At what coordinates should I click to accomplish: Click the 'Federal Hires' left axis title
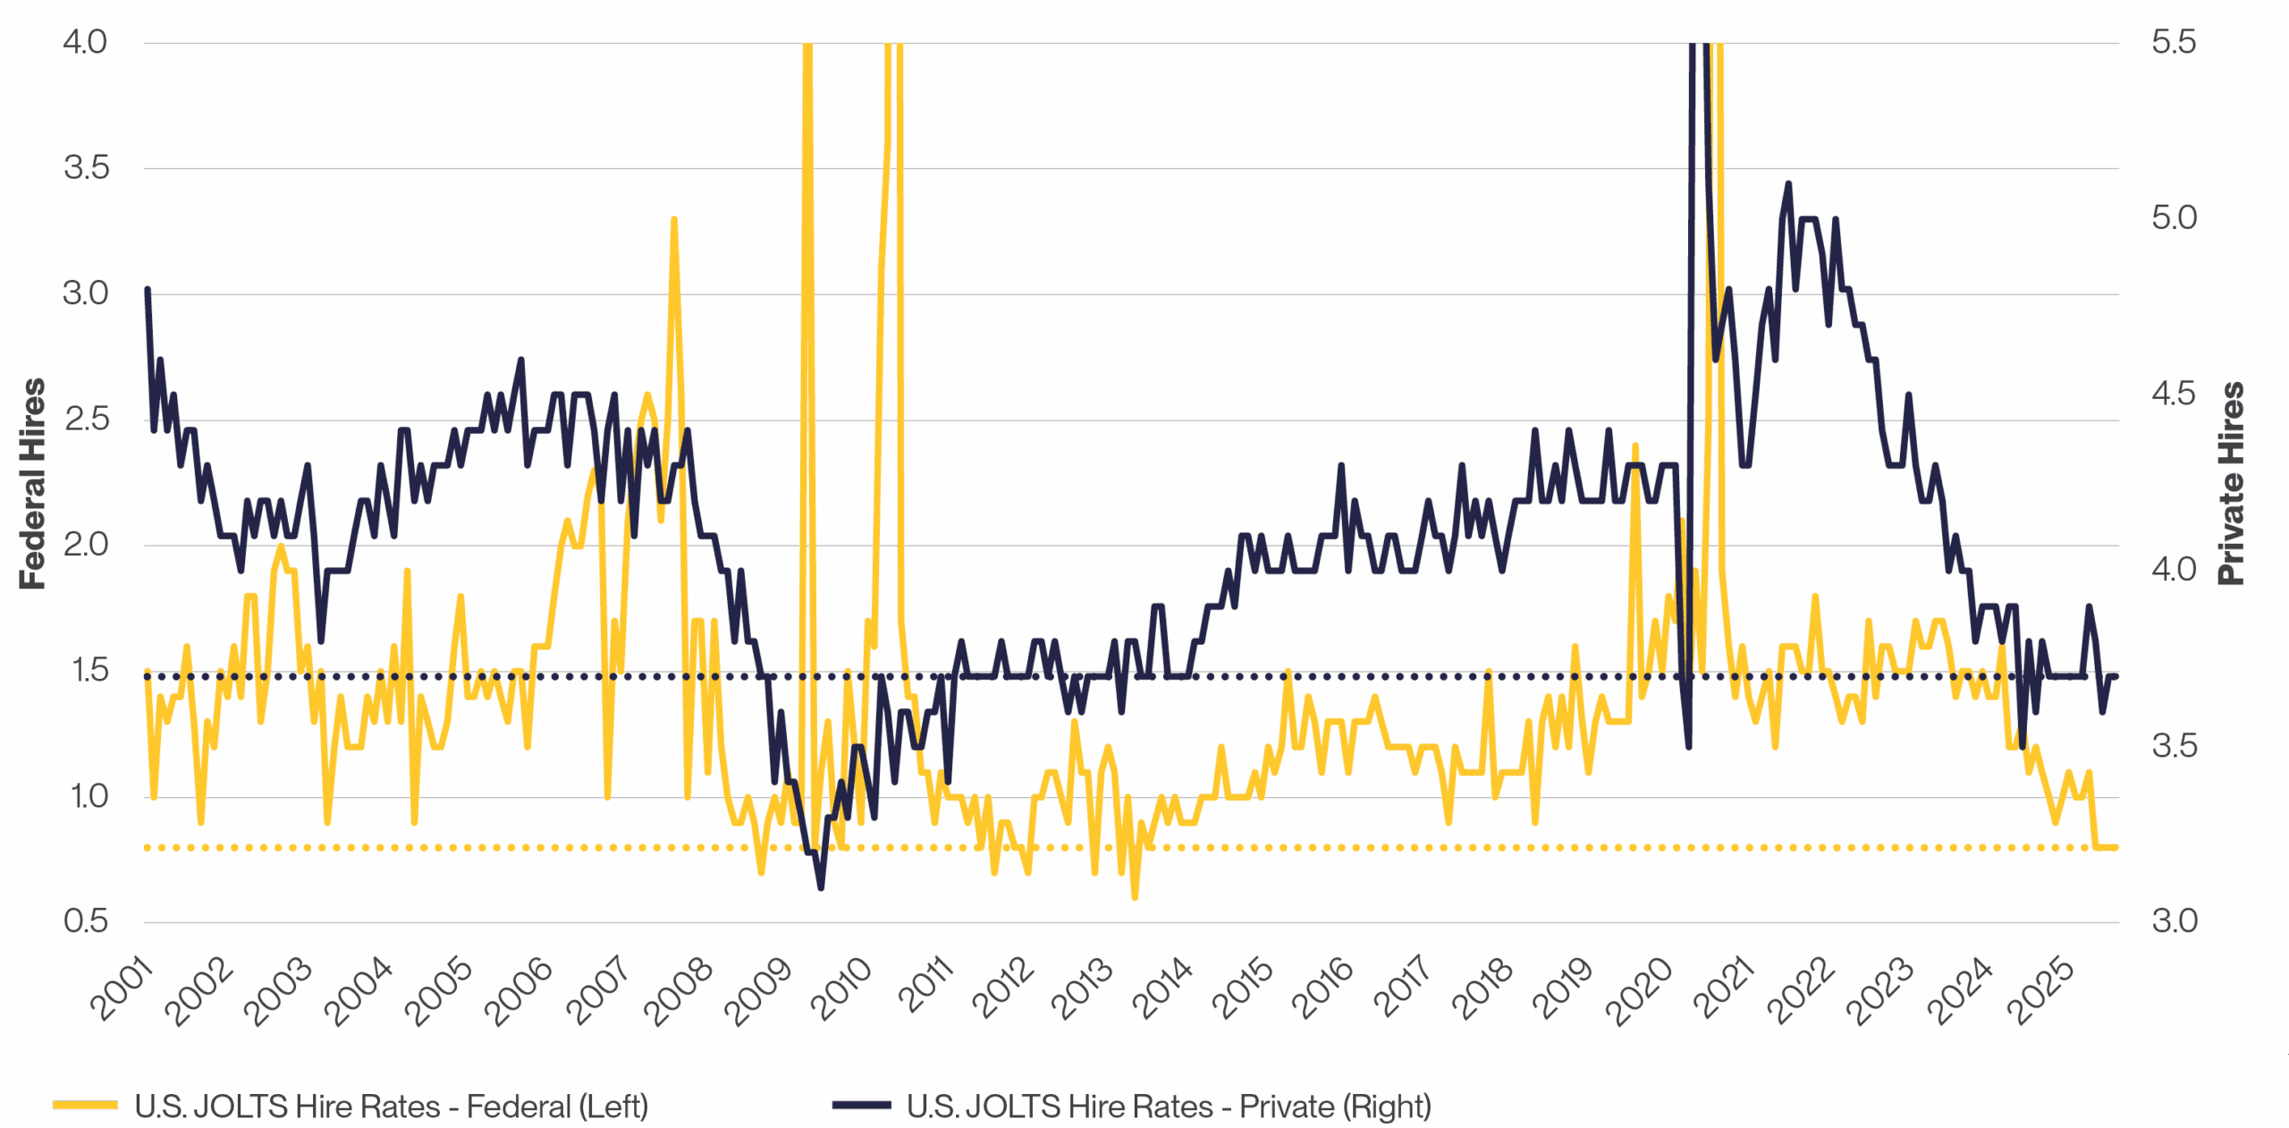(x=32, y=483)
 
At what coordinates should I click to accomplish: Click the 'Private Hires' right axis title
(x=2231, y=483)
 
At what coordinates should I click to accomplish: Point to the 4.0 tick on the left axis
(x=85, y=42)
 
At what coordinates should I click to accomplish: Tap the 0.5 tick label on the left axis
(x=85, y=921)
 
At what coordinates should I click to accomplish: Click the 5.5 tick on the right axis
(x=2174, y=42)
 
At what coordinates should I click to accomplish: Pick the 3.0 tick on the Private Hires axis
(x=2174, y=921)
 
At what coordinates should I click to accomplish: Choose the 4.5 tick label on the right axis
(x=2174, y=394)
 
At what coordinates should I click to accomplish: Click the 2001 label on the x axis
(x=122, y=988)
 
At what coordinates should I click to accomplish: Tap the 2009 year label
(x=758, y=989)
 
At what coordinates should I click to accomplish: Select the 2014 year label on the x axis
(x=1162, y=988)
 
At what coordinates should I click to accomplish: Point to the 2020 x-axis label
(x=1638, y=989)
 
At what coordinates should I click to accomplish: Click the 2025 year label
(x=2040, y=989)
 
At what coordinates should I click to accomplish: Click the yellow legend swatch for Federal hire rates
(x=85, y=1106)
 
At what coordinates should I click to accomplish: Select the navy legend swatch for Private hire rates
(x=860, y=1106)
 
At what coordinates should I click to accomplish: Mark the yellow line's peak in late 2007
(x=673, y=219)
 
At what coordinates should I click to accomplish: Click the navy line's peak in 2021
(x=1788, y=184)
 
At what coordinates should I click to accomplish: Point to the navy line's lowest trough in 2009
(x=821, y=886)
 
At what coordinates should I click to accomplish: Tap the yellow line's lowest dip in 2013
(x=1135, y=896)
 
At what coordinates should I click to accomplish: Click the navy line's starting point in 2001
(x=148, y=290)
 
